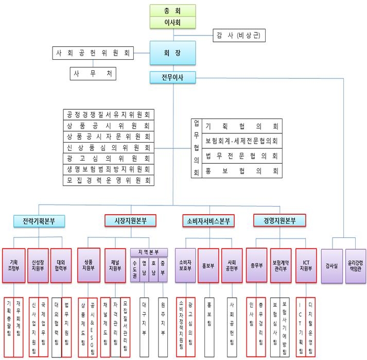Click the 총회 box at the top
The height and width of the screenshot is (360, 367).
173,10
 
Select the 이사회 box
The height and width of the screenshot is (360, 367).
173,23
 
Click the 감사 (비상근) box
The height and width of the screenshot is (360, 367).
243,36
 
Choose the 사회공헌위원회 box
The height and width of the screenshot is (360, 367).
93,53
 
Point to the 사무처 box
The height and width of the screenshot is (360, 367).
93,74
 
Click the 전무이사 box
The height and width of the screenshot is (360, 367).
173,78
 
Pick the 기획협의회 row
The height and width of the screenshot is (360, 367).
241,126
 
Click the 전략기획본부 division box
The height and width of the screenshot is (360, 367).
39,221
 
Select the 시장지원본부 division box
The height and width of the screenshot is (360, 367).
130,221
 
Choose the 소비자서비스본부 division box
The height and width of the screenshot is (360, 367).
208,221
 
